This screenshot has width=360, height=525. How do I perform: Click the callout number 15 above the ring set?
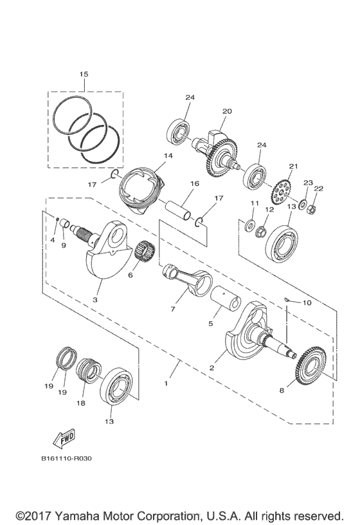84,75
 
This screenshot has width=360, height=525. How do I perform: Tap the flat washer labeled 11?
248,225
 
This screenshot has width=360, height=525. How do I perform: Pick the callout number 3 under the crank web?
96,299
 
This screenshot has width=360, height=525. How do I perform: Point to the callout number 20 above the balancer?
208,111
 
